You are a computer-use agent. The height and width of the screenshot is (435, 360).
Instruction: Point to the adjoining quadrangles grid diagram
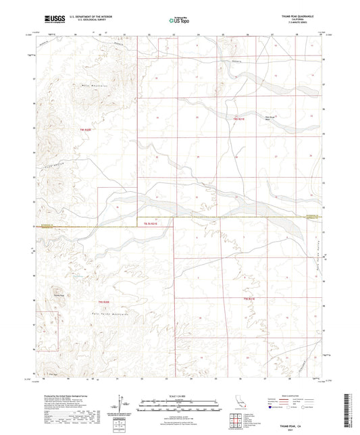[x=234, y=421]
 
